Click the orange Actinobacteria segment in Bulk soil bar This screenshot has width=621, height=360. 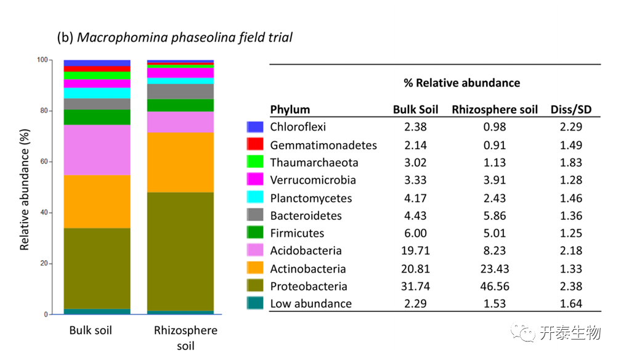point(97,202)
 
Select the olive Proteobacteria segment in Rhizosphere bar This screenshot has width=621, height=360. point(180,252)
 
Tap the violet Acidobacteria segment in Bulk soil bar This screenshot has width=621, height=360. point(97,150)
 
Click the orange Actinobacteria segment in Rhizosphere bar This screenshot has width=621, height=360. point(180,162)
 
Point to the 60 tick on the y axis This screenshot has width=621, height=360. point(43,162)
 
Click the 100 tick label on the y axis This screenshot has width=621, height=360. point(42,60)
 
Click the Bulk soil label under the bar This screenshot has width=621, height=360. point(91,330)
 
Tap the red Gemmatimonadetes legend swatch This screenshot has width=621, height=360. point(255,145)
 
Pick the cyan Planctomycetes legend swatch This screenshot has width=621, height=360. point(255,198)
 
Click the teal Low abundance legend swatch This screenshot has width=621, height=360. point(255,303)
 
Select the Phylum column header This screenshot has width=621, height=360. point(290,110)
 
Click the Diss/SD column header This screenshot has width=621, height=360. point(570,110)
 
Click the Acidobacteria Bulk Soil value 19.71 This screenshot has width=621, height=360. point(415,251)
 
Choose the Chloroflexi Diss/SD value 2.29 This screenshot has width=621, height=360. point(570,128)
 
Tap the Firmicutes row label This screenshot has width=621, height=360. point(297,233)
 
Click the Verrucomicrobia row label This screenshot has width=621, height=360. point(313,181)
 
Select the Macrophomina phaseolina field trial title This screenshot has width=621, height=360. point(175,38)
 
